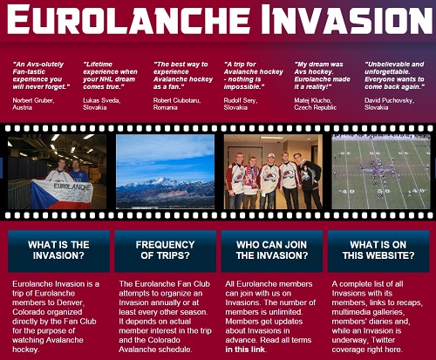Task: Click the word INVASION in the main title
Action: pyautogui.click(x=347, y=19)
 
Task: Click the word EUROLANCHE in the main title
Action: pyautogui.click(x=128, y=19)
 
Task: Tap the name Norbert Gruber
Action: pyautogui.click(x=33, y=100)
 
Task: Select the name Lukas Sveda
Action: pyautogui.click(x=101, y=100)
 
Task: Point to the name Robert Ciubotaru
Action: pyautogui.click(x=177, y=100)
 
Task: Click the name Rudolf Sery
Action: pyautogui.click(x=240, y=100)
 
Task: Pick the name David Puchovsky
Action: pyautogui.click(x=389, y=100)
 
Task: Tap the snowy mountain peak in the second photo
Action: pyautogui.click(x=164, y=182)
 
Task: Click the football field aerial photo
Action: pyautogui.click(x=381, y=172)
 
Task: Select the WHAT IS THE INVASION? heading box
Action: pyautogui.click(x=58, y=251)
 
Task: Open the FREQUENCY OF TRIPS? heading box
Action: pyautogui.click(x=165, y=251)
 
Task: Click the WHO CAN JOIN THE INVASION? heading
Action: pyautogui.click(x=272, y=250)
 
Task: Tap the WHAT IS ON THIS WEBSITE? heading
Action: pyautogui.click(x=378, y=250)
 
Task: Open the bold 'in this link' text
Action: pyautogui.click(x=245, y=350)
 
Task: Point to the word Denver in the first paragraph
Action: pyautogui.click(x=71, y=302)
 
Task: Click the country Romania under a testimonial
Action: pyautogui.click(x=165, y=107)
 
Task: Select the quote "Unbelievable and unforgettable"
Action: pyautogui.click(x=394, y=68)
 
